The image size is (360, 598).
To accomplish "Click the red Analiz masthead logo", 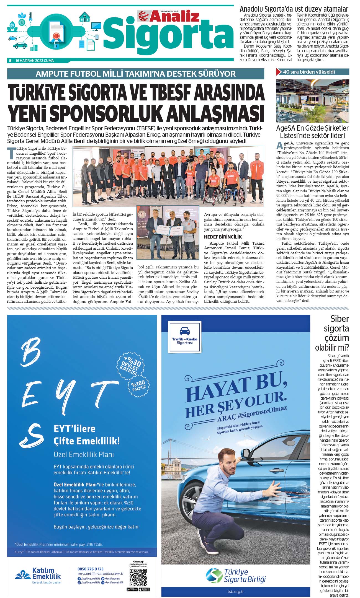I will click(x=168, y=16).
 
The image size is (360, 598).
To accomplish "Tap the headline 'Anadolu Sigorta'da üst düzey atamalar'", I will click(x=294, y=9).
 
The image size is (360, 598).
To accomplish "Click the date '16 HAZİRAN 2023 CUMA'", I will click(x=35, y=61).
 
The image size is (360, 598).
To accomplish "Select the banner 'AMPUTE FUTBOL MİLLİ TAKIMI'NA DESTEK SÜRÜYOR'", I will click(x=135, y=74).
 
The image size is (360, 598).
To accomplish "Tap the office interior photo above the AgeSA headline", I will click(x=312, y=101).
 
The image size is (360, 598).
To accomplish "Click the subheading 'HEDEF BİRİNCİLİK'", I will click(x=223, y=237).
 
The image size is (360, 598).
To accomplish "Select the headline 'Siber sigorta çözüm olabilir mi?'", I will click(x=332, y=333).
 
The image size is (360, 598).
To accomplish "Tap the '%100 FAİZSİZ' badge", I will click(x=138, y=385).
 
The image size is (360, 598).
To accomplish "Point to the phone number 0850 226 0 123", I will click(x=90, y=569).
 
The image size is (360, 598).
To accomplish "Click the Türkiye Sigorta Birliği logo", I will click(x=236, y=575).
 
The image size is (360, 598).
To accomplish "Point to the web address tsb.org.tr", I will click(x=236, y=592).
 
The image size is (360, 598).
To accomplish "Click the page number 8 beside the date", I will click(x=10, y=61).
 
